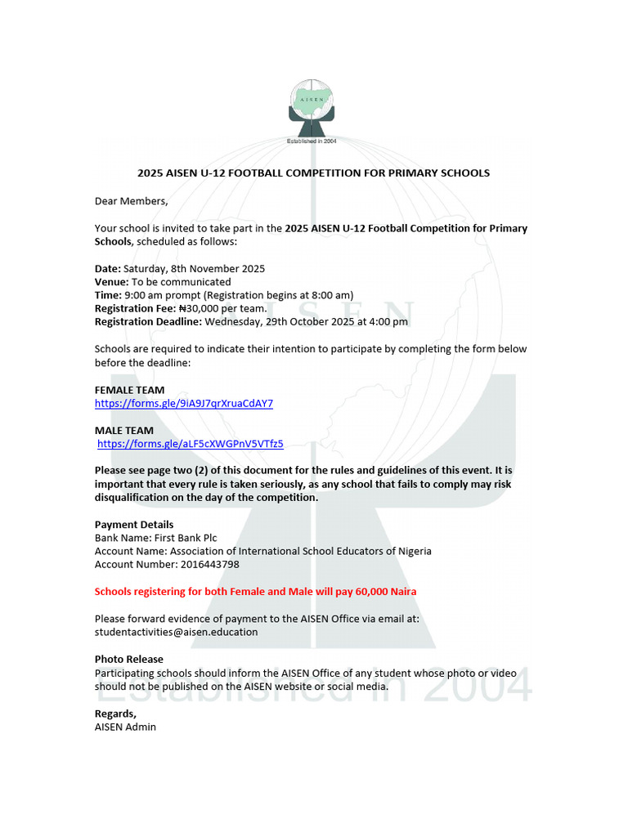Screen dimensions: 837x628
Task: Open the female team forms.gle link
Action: tap(184, 403)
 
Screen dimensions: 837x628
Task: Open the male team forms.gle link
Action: tap(191, 444)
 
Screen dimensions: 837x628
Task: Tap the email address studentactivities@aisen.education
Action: tap(176, 632)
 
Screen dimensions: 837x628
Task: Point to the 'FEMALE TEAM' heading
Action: tap(129, 390)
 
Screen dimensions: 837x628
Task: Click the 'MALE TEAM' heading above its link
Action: tap(123, 431)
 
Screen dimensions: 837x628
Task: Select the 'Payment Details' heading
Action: tap(134, 524)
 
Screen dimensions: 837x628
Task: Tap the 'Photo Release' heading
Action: tap(128, 659)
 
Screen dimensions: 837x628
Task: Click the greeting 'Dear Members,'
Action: tap(131, 201)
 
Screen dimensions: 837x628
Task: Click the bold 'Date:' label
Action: tap(108, 268)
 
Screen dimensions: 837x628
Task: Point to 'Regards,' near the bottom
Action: tap(115, 714)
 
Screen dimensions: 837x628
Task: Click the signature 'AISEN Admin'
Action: tap(125, 727)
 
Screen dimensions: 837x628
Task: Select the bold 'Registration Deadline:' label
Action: tap(148, 322)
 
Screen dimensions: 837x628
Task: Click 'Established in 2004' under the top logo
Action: tap(311, 141)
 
